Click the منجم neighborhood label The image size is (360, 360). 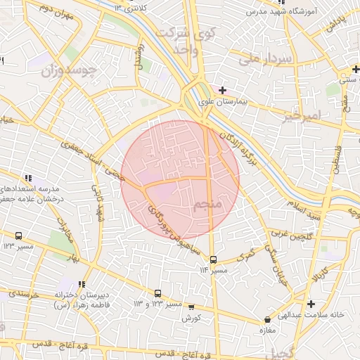click(x=209, y=204)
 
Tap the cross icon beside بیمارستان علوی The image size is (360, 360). click(x=223, y=90)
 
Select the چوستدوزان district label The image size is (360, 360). click(x=48, y=72)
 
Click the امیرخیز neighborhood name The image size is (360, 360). click(x=301, y=115)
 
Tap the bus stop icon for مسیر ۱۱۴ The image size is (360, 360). click(x=214, y=259)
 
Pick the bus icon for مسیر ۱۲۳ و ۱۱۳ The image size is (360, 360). click(x=157, y=293)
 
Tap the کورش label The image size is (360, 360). click(x=191, y=319)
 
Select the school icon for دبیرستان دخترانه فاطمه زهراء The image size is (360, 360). click(x=82, y=284)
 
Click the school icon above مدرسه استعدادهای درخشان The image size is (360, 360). click(x=27, y=178)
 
